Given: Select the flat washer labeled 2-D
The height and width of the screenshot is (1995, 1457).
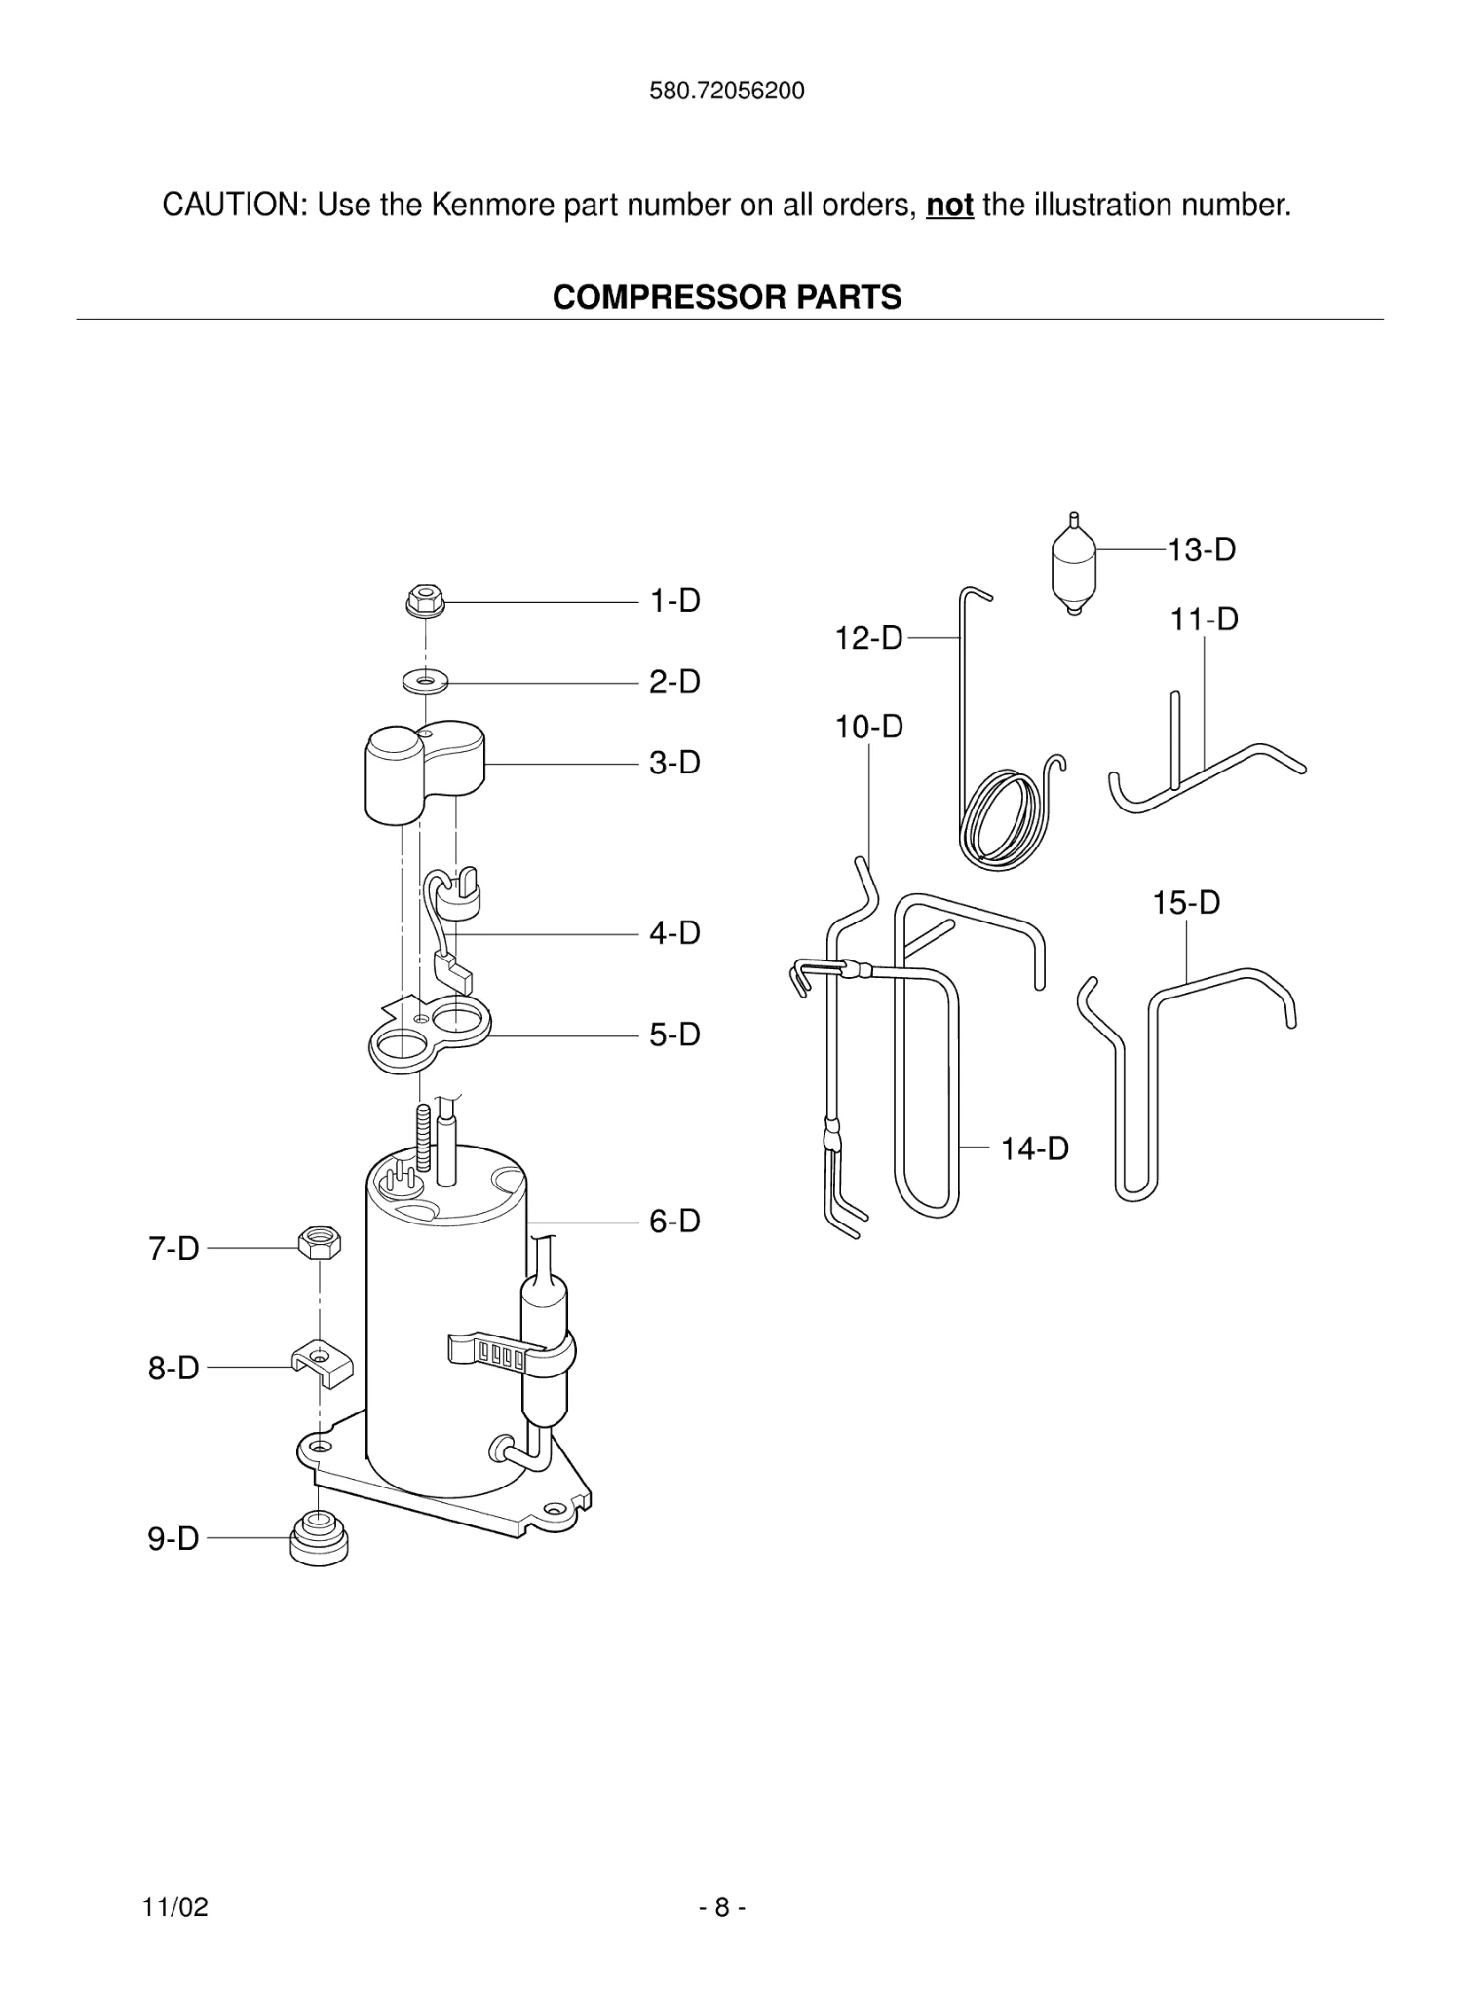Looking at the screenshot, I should click(x=425, y=680).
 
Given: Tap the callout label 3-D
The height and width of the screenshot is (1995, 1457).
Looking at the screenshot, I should click(x=674, y=763).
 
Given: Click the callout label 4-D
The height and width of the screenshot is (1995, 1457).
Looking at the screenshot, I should click(x=674, y=933).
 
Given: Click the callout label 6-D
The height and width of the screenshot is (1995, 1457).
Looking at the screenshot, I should click(x=674, y=1221).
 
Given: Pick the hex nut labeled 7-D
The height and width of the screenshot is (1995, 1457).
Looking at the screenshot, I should click(x=320, y=1244).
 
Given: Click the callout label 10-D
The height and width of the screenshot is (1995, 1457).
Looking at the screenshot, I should click(x=868, y=727).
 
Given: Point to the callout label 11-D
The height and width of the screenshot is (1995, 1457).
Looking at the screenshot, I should click(x=1204, y=620).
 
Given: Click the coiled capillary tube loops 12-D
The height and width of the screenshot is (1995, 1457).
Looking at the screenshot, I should click(x=1004, y=818).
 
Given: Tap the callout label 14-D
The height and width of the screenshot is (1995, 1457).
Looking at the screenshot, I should click(x=1034, y=1148).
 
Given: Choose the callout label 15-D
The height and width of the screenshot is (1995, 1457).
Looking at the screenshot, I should click(x=1186, y=903).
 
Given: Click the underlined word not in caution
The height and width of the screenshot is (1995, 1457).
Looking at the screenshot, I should click(x=949, y=206).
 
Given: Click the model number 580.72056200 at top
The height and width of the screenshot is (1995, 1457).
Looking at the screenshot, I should click(x=727, y=92).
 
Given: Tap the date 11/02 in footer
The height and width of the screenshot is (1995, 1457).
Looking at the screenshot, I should click(x=174, y=1907).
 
